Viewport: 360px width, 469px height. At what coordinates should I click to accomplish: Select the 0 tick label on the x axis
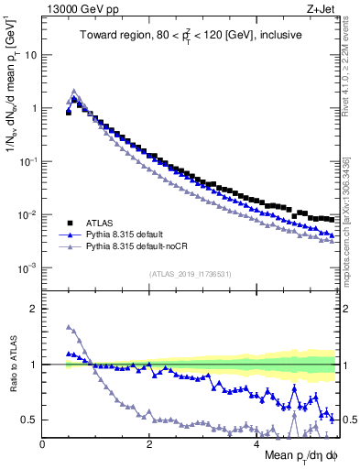click(x=42, y=444)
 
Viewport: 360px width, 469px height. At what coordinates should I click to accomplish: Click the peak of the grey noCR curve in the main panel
click(x=75, y=91)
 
